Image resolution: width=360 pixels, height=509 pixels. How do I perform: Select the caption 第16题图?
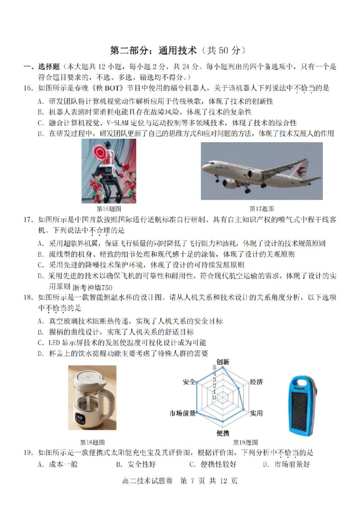click(109, 209)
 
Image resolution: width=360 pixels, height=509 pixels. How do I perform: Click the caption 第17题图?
click(262, 209)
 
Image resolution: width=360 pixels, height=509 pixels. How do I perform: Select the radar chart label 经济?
click(256, 382)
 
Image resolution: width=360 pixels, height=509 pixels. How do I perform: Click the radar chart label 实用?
click(256, 413)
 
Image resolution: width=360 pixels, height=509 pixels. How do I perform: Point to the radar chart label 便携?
click(222, 433)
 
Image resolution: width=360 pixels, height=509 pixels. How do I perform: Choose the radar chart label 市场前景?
click(182, 413)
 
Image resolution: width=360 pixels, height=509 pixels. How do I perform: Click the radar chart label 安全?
click(189, 382)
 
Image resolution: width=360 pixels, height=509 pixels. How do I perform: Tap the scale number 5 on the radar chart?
click(215, 368)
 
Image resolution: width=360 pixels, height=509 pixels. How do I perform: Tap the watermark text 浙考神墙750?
click(91, 288)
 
